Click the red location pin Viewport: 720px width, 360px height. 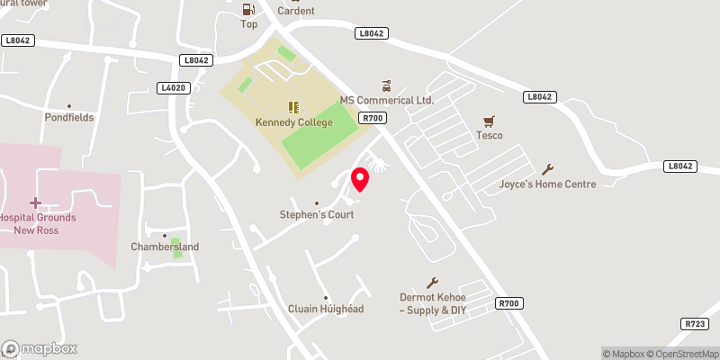point(360,178)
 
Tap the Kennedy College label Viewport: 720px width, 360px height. point(294,121)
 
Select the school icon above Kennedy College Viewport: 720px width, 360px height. point(294,107)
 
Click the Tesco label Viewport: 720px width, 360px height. point(490,135)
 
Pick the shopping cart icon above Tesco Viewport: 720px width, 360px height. point(490,120)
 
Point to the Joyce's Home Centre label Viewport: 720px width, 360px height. point(547,184)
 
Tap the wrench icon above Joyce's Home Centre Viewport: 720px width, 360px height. point(548,169)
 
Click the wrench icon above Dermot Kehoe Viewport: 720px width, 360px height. point(433,283)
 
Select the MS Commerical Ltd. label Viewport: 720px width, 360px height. point(386,101)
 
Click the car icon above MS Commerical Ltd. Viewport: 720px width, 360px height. point(387,86)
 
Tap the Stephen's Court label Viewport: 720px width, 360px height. point(315,215)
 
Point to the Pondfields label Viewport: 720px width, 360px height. point(69,117)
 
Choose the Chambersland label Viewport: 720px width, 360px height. point(165,247)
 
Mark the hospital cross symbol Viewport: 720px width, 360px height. point(36,202)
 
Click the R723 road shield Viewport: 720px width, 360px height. point(695,323)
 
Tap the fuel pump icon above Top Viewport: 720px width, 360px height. point(247,10)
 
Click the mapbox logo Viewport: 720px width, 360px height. point(40,348)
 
